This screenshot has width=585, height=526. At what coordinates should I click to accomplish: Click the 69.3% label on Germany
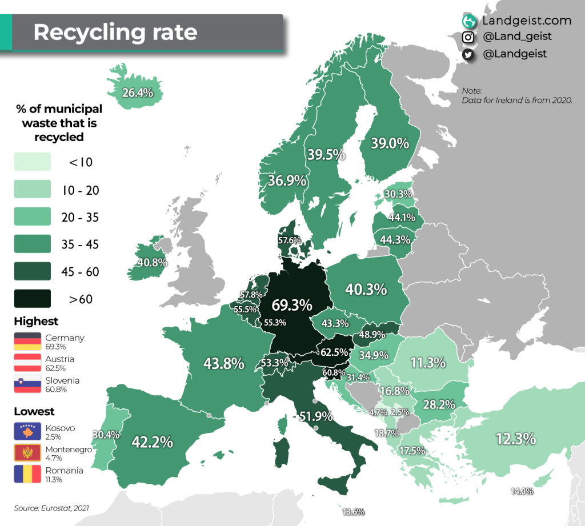(x=292, y=305)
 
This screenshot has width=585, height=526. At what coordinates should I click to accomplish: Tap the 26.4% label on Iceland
(x=137, y=92)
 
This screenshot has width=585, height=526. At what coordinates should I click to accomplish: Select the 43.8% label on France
(x=224, y=363)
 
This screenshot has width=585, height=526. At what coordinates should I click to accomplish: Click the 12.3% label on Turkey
(x=515, y=439)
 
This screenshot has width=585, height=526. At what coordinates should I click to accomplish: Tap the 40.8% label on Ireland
(x=152, y=263)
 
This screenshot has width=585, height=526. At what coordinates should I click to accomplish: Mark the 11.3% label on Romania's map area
(x=428, y=362)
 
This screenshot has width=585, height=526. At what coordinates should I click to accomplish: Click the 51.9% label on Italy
(x=312, y=416)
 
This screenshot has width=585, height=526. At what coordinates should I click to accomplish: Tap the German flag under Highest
(x=27, y=342)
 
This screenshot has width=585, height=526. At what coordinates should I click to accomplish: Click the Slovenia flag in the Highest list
(x=27, y=384)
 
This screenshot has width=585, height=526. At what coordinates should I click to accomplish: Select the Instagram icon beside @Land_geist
(x=468, y=37)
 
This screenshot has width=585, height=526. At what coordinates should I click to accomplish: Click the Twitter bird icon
(x=468, y=54)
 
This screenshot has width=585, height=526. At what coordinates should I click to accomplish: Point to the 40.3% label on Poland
(x=366, y=290)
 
